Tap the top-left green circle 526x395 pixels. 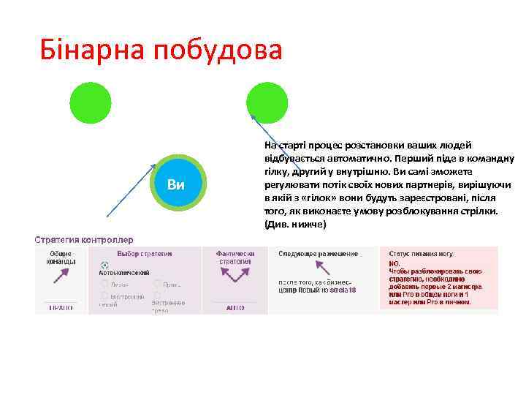(91, 102)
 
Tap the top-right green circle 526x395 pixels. (267, 102)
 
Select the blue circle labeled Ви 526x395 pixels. (175, 184)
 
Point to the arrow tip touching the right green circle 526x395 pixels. (252, 115)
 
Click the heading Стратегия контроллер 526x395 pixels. (85, 239)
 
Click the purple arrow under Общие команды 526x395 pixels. (61, 277)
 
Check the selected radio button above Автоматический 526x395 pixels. (104, 265)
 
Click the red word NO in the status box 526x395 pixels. (394, 263)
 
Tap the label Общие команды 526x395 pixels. (61, 257)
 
